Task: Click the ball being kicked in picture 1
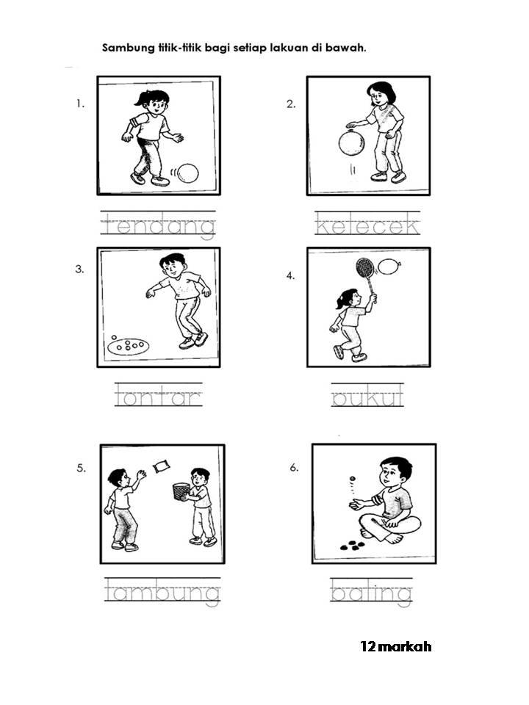[x=187, y=173]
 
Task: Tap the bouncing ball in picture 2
[x=351, y=142]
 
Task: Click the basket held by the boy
[x=181, y=491]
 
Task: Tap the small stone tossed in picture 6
[x=352, y=478]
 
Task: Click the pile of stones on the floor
[x=352, y=546]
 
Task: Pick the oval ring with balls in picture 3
[x=128, y=346]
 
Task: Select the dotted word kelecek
[x=367, y=224]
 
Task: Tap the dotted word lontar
[x=158, y=396]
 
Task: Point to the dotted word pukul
[x=367, y=396]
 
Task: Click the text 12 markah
[x=396, y=646]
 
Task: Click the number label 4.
[x=291, y=275]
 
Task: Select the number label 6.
[x=294, y=468]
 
